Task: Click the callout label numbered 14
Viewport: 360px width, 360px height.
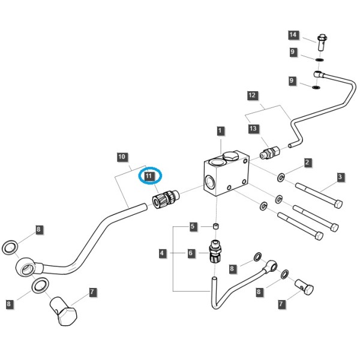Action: tap(293, 35)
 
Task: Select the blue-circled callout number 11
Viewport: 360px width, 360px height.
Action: tap(149, 176)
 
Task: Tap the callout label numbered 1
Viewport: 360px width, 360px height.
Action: tap(220, 131)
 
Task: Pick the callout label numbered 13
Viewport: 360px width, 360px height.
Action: tap(253, 128)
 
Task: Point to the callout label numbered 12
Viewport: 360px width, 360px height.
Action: tap(253, 95)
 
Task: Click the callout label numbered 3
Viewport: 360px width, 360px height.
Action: tap(340, 177)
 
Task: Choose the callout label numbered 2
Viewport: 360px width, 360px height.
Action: tap(307, 163)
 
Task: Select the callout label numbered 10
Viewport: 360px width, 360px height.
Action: tap(122, 157)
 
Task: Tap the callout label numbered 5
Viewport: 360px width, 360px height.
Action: tap(193, 227)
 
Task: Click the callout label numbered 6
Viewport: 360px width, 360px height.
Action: tap(191, 253)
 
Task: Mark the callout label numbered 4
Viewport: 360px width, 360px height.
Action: tap(162, 253)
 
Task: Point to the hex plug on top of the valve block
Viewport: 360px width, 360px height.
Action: tap(232, 156)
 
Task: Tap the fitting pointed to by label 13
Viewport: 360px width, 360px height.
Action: tap(270, 152)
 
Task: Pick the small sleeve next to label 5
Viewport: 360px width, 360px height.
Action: tap(215, 226)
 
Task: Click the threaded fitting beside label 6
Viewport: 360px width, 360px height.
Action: tap(215, 251)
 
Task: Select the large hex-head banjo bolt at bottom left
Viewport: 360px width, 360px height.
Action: tap(64, 311)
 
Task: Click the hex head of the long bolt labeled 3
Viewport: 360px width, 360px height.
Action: tap(338, 204)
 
